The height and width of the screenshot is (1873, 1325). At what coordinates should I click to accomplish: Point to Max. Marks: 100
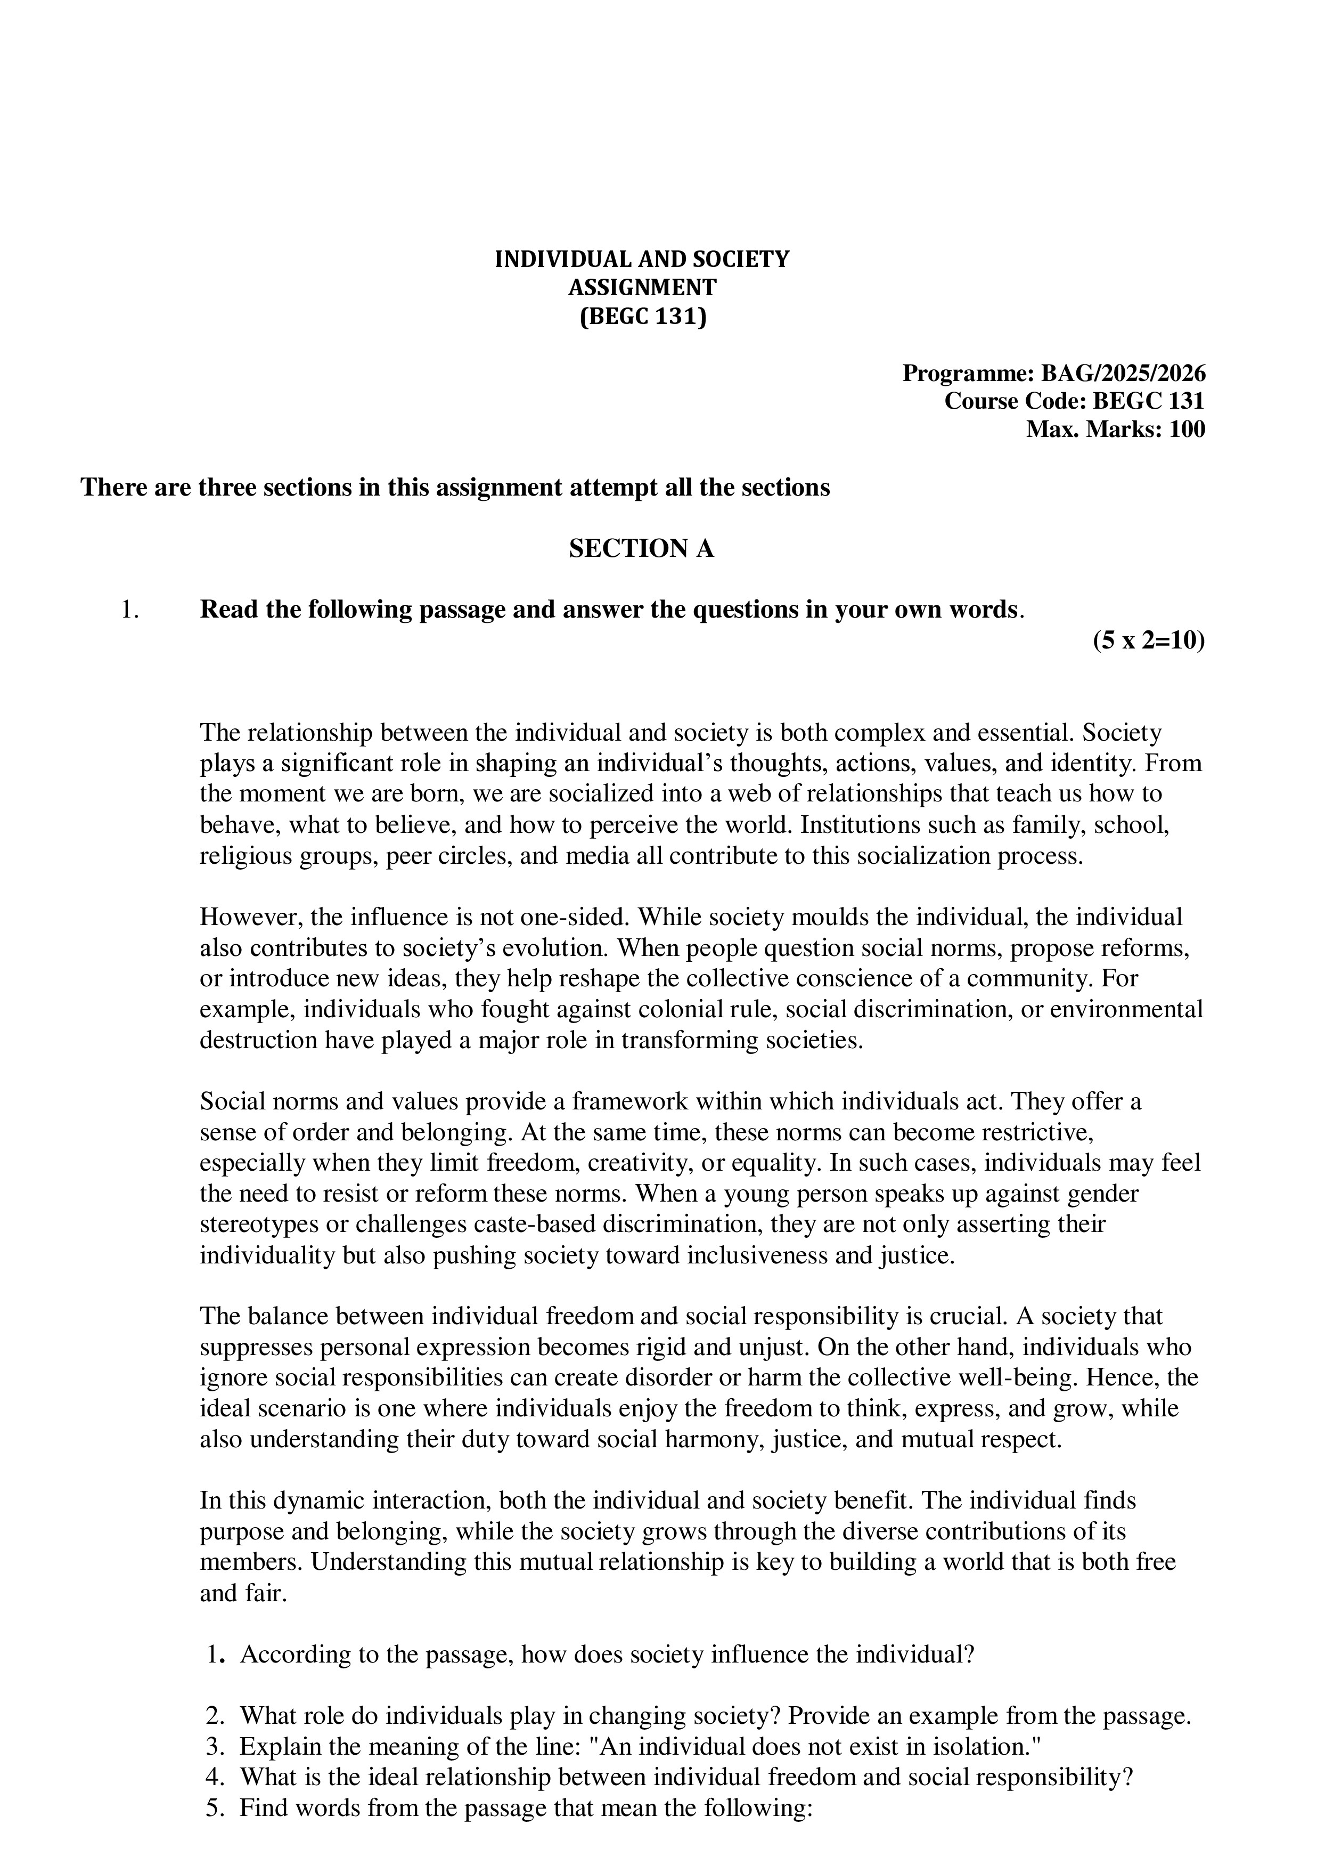click(x=1115, y=429)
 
